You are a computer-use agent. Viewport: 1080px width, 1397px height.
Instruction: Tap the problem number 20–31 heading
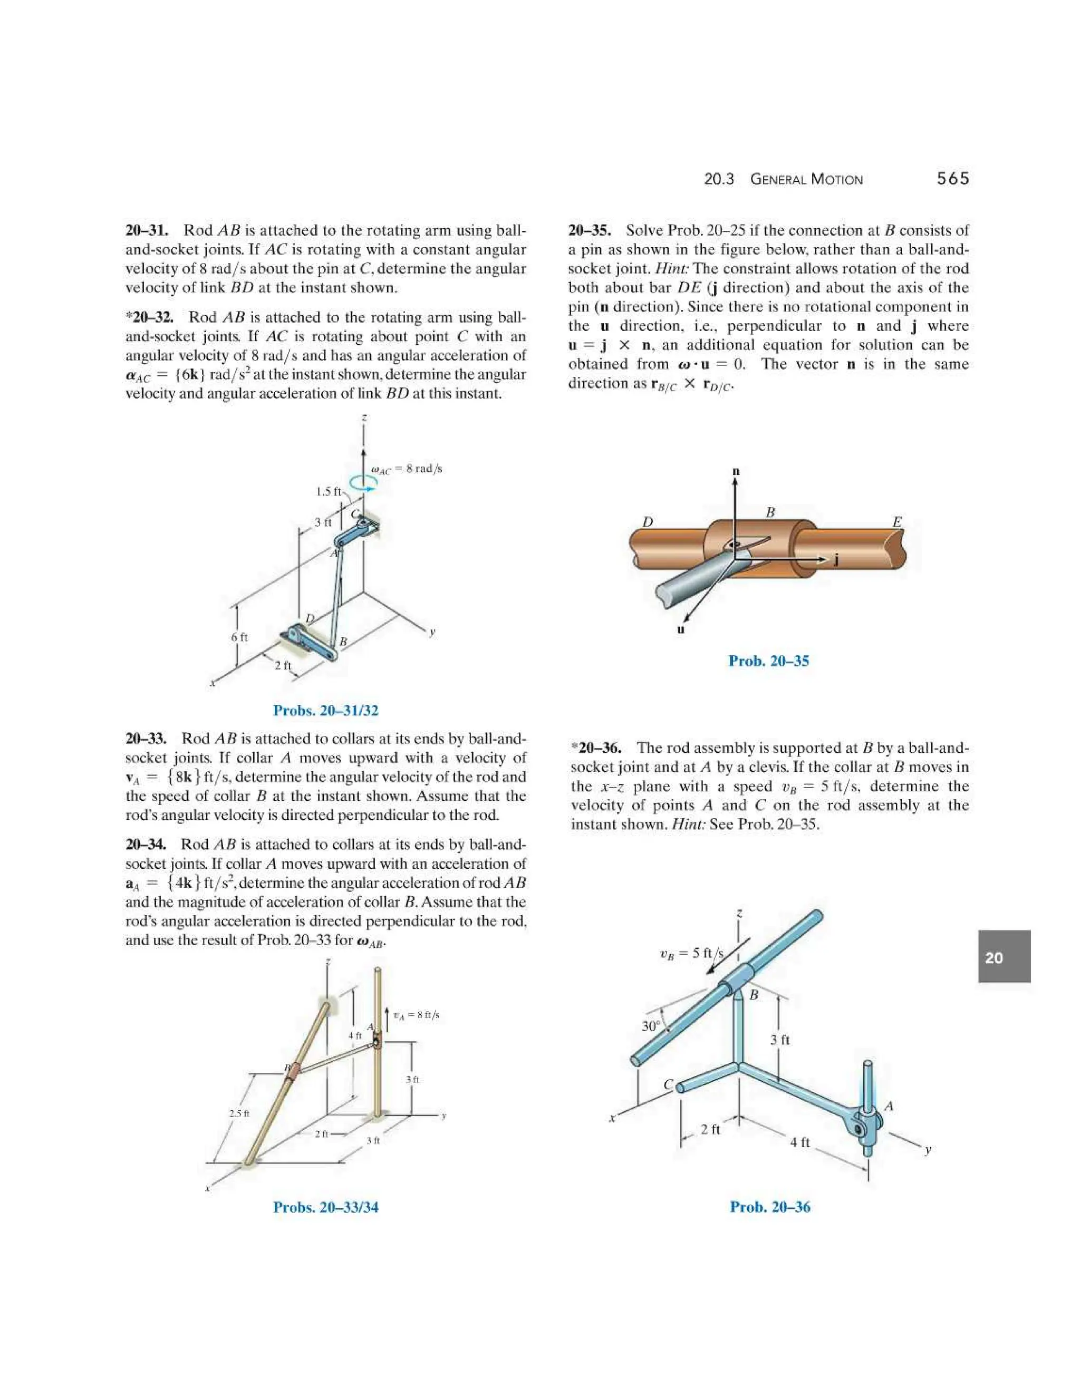(147, 230)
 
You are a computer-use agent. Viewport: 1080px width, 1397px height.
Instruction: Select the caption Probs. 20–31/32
(326, 710)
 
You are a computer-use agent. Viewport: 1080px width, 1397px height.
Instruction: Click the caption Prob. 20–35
(768, 661)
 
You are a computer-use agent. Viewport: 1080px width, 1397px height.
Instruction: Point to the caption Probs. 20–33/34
(326, 1207)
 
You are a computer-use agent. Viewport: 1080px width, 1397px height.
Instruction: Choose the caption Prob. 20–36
(770, 1207)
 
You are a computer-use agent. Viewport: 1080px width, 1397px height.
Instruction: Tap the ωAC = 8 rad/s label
(407, 469)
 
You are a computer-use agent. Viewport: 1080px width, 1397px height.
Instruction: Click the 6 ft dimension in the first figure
(239, 637)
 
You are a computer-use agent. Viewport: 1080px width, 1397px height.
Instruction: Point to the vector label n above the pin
(736, 471)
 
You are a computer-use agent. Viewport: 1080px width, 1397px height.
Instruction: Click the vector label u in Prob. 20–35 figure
(681, 629)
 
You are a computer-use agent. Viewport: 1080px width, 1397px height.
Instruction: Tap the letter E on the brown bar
(897, 522)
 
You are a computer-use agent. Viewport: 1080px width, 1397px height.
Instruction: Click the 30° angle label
(651, 1026)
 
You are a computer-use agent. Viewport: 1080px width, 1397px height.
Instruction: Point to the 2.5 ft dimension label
(239, 1113)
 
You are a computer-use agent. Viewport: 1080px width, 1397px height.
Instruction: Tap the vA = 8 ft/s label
(416, 1014)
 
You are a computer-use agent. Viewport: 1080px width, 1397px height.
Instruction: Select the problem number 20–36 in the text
(597, 748)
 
